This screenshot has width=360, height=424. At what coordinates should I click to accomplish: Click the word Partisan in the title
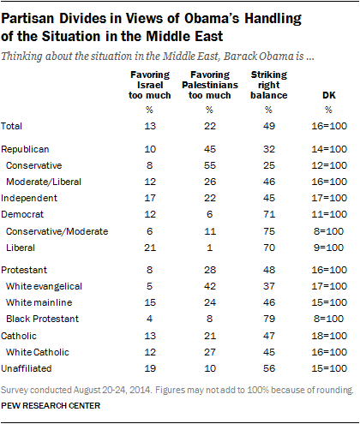(27, 19)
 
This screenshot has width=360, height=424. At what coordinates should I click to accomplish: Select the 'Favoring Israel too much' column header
(150, 85)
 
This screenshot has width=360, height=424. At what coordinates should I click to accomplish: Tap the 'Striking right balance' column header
(269, 85)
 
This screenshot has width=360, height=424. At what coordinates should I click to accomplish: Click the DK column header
(329, 95)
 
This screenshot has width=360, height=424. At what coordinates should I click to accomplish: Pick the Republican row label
(25, 149)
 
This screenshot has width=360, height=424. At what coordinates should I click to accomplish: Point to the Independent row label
(29, 198)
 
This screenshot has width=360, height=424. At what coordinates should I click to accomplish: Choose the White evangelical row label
(44, 286)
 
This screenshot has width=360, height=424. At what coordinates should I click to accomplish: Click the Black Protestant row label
(42, 319)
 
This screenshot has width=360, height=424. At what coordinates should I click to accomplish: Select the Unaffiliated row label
(27, 368)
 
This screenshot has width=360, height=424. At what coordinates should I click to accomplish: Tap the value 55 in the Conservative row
(210, 165)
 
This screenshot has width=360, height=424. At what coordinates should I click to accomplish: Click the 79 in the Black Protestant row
(269, 319)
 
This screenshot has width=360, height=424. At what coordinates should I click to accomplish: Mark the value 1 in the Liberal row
(210, 248)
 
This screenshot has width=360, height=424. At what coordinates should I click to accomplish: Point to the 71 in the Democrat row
(269, 214)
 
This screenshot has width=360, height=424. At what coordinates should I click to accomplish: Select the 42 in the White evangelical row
(210, 286)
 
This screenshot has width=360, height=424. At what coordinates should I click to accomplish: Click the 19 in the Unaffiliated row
(150, 368)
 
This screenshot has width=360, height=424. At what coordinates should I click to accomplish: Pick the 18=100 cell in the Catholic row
(329, 336)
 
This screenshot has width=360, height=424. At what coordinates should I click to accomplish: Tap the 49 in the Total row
(269, 126)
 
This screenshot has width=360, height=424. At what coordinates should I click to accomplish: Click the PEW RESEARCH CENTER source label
(51, 406)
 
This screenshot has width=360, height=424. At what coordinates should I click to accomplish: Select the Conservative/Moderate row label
(57, 231)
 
